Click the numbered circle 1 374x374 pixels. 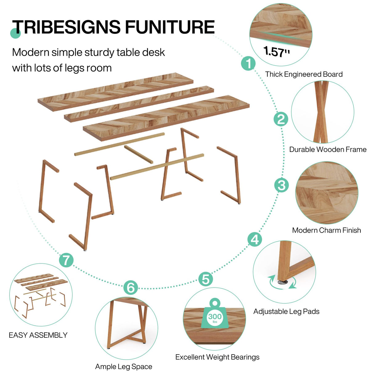coord(248,63)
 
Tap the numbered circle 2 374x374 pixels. coord(281,119)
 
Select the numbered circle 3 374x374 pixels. coord(282,185)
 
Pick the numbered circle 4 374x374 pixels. coord(255,239)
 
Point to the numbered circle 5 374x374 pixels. coord(205,279)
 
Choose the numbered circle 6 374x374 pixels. coord(131,287)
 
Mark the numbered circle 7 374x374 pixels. coord(66,260)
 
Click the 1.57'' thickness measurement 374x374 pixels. coord(277,51)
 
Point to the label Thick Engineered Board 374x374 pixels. coord(304,74)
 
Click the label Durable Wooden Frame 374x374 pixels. coord(328,149)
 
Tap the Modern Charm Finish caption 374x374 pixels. coord(327,230)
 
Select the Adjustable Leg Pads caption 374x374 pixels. coord(286,311)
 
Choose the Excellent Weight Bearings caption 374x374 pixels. coord(217,357)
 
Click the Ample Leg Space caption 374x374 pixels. coord(124,367)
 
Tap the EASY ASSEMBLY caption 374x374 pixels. coord(38,335)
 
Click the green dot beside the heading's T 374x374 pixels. coord(15,33)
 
